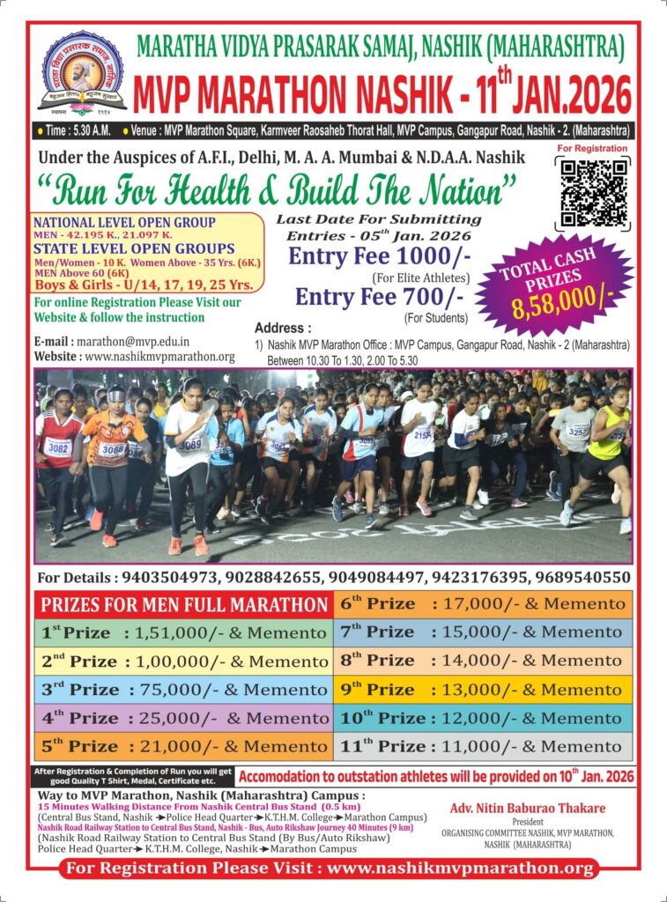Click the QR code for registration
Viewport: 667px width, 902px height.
tap(592, 194)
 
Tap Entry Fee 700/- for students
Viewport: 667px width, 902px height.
tap(359, 298)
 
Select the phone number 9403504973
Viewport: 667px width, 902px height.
tap(166, 578)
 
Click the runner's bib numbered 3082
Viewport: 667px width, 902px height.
tap(58, 447)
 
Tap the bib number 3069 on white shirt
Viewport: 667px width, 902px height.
tap(190, 444)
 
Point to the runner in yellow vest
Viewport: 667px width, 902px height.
tap(607, 440)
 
